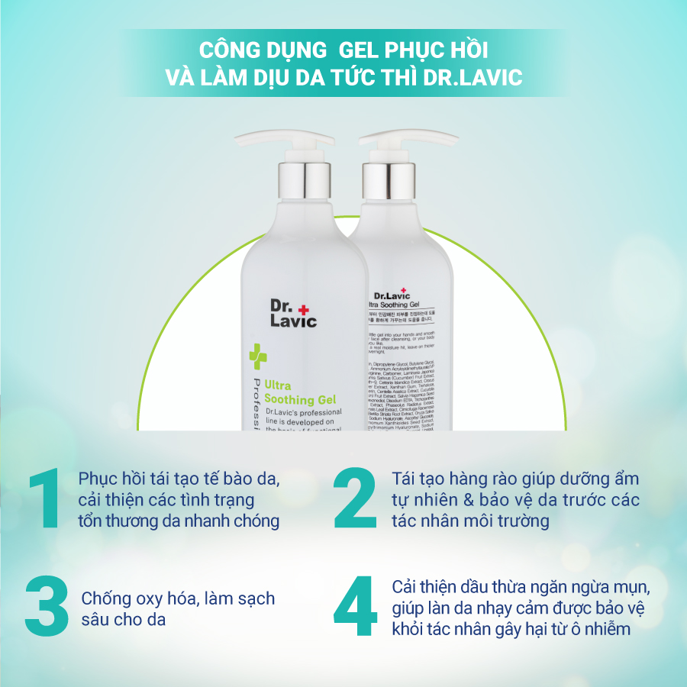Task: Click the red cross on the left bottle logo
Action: tap(305, 308)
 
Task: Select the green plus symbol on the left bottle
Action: tap(257, 356)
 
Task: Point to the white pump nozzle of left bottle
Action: tap(252, 140)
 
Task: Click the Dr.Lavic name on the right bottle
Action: tap(392, 295)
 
